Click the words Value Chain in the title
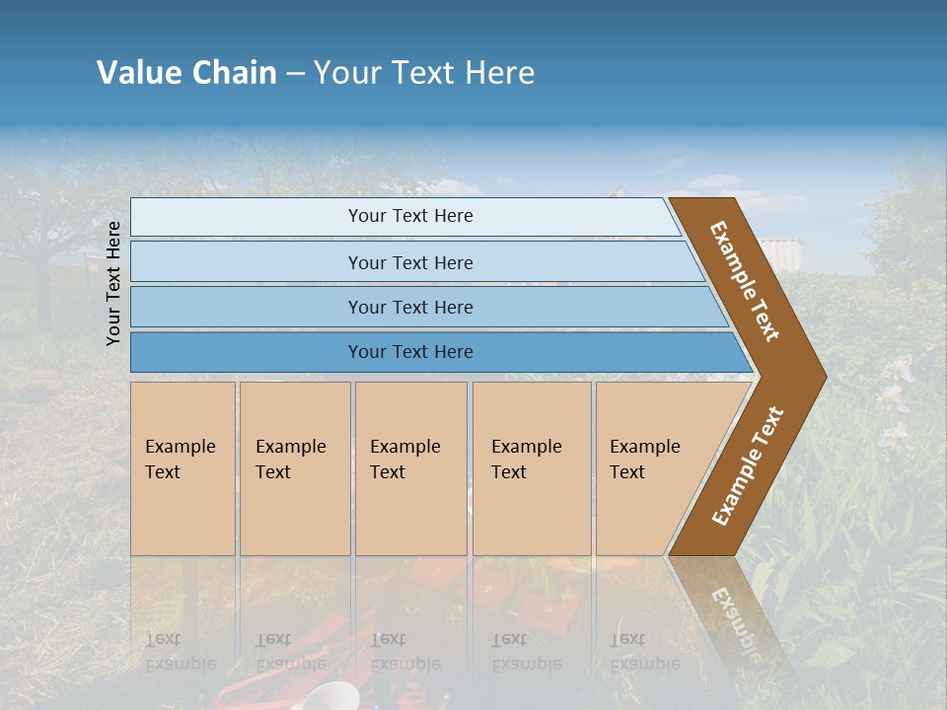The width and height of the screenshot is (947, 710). (x=186, y=73)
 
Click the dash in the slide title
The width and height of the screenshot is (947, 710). (x=295, y=73)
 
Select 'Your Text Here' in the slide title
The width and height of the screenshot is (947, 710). (x=424, y=73)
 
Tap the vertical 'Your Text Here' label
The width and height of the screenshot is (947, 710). (x=113, y=283)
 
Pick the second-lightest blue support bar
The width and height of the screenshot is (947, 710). (x=409, y=262)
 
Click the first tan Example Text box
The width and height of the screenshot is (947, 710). (x=182, y=468)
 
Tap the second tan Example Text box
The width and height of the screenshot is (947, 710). (x=295, y=468)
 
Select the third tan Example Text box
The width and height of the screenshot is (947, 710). (x=410, y=468)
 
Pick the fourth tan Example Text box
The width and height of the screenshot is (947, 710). (x=532, y=468)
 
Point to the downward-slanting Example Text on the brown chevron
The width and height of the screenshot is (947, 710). (x=746, y=281)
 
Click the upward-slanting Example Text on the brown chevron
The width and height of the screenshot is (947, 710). (x=748, y=465)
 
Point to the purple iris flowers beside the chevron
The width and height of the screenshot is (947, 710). (x=895, y=394)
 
